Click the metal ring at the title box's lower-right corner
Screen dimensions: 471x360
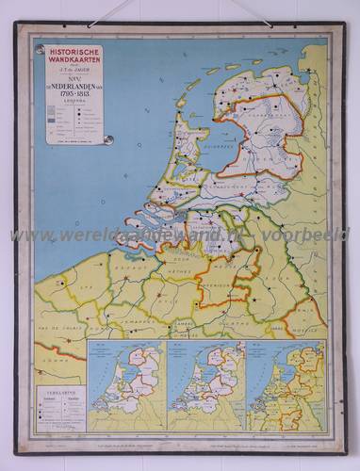[x=108, y=140]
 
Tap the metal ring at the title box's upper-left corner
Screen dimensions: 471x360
[x=40, y=46]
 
